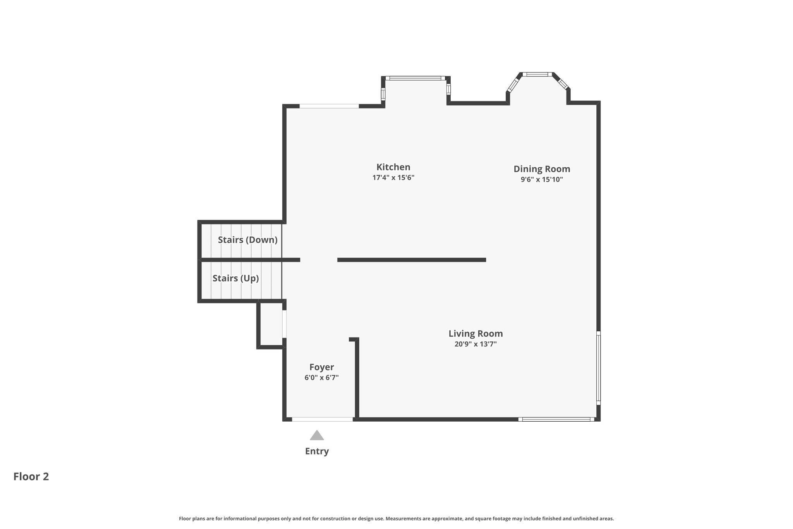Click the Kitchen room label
pos(393,167)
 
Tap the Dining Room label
pos(541,169)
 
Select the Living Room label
pos(475,333)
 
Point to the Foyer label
pos(321,367)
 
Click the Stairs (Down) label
pos(247,240)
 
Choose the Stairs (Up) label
pos(235,278)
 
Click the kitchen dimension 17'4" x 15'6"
pos(393,178)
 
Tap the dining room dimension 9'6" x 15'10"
pos(541,179)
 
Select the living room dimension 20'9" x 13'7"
pos(475,344)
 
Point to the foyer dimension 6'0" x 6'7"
pos(321,378)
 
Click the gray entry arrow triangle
pos(317,436)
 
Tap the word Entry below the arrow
pos(317,451)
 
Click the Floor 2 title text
pos(31,477)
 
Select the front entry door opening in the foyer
pos(322,419)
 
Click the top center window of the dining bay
pos(537,74)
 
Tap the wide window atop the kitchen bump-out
pos(415,78)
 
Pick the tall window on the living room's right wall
pos(598,368)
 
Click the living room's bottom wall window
pos(556,419)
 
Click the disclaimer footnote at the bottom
pos(396,519)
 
